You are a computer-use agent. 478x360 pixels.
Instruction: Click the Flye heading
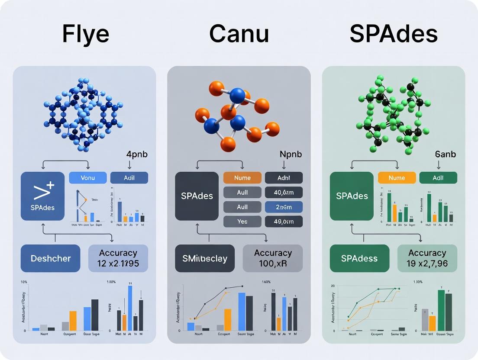(85, 34)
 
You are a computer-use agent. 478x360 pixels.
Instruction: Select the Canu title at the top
(239, 34)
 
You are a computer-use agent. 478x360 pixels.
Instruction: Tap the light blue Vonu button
(87, 178)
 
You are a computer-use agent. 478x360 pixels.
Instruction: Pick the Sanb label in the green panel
(445, 154)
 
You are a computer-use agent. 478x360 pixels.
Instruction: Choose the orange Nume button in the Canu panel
(242, 178)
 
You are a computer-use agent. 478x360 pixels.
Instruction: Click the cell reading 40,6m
(284, 193)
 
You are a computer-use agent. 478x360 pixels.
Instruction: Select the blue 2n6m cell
(284, 207)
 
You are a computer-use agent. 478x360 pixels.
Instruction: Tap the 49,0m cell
(284, 222)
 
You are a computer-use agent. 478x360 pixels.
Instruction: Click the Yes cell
(242, 222)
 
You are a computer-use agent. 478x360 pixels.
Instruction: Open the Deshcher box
(50, 258)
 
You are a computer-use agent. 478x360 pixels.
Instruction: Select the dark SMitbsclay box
(204, 258)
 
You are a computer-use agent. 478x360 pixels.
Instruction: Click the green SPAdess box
(359, 258)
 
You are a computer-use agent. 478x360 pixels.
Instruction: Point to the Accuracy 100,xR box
(273, 258)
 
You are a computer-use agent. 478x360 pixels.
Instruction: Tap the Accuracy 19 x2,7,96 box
(427, 258)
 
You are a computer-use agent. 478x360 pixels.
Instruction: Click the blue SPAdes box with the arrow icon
(42, 196)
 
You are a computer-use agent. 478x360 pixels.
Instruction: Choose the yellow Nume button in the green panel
(397, 178)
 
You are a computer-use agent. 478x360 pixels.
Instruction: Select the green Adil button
(438, 178)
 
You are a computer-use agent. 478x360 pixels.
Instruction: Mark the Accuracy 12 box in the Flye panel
(118, 258)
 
